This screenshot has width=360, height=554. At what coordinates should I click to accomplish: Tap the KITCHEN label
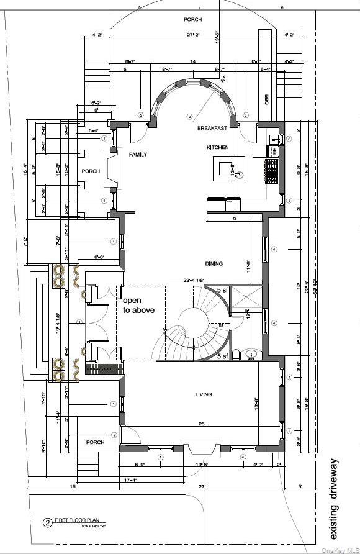[218, 147]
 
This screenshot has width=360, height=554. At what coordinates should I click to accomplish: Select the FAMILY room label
[138, 154]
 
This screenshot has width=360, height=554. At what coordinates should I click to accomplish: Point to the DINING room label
[214, 264]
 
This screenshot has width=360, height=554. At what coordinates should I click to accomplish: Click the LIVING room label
[203, 394]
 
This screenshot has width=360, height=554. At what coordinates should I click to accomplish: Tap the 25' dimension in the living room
[202, 424]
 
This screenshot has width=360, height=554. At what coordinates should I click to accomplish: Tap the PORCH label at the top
[192, 20]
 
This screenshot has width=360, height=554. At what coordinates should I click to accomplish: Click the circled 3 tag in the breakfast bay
[189, 117]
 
